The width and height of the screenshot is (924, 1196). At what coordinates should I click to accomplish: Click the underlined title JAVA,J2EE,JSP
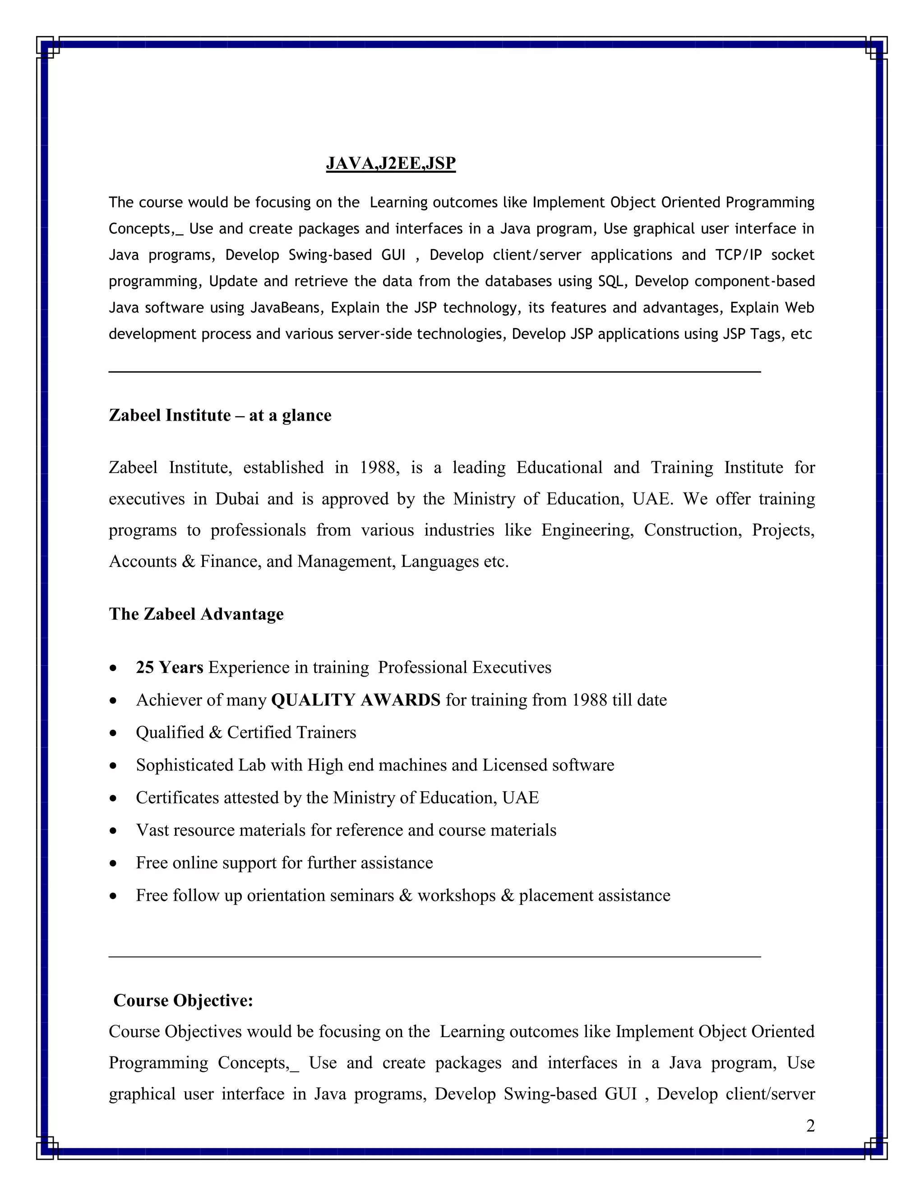point(390,163)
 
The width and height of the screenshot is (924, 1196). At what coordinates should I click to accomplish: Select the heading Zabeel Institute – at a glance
point(220,415)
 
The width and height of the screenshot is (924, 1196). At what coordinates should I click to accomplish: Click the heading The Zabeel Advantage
point(196,614)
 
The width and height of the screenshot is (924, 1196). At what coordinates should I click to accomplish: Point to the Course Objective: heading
point(183,1001)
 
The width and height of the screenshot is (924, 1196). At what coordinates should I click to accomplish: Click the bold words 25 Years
point(169,668)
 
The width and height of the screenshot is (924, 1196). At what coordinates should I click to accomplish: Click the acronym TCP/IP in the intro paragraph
point(738,255)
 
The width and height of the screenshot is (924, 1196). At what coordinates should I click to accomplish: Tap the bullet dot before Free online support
point(113,863)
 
